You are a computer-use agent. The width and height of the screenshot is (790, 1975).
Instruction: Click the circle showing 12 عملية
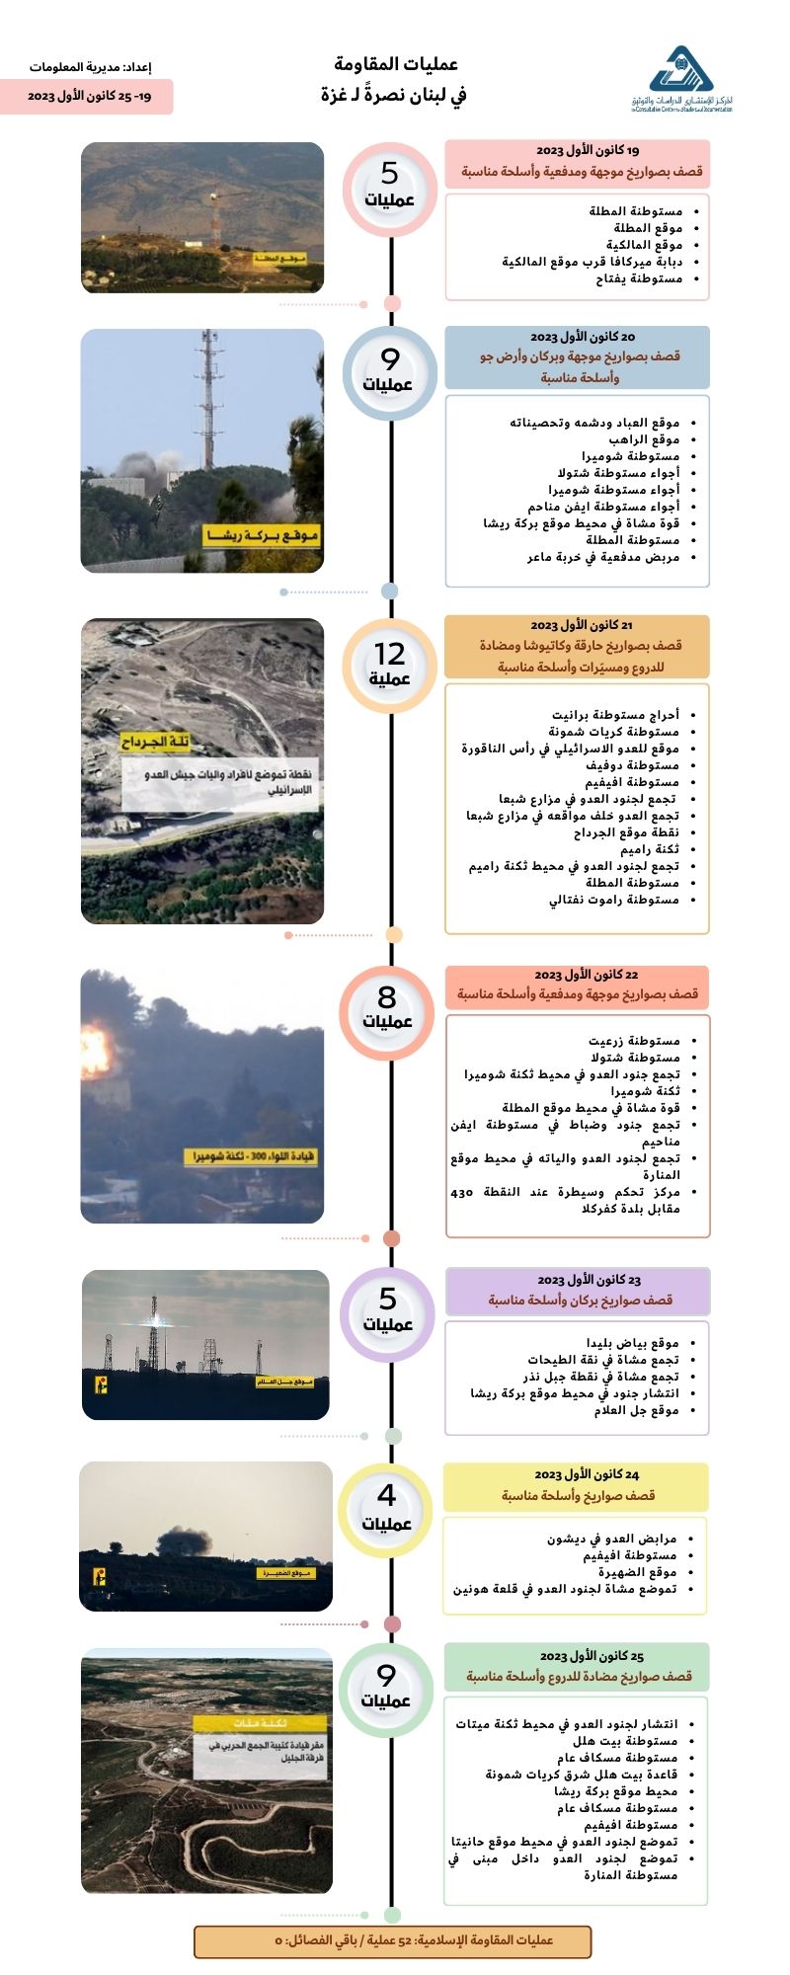390,665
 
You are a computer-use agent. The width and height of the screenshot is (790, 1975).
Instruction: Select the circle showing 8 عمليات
387,1007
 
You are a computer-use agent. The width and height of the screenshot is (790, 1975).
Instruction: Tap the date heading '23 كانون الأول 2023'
589,1280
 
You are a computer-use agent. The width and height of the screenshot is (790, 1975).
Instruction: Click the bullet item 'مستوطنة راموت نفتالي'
613,900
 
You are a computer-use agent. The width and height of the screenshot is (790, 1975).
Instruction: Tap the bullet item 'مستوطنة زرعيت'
634,1041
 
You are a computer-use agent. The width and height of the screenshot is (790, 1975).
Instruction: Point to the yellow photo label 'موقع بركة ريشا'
262,536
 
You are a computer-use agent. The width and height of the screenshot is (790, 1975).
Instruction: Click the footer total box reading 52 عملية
392,1940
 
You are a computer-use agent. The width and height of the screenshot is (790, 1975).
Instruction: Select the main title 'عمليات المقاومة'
396,64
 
